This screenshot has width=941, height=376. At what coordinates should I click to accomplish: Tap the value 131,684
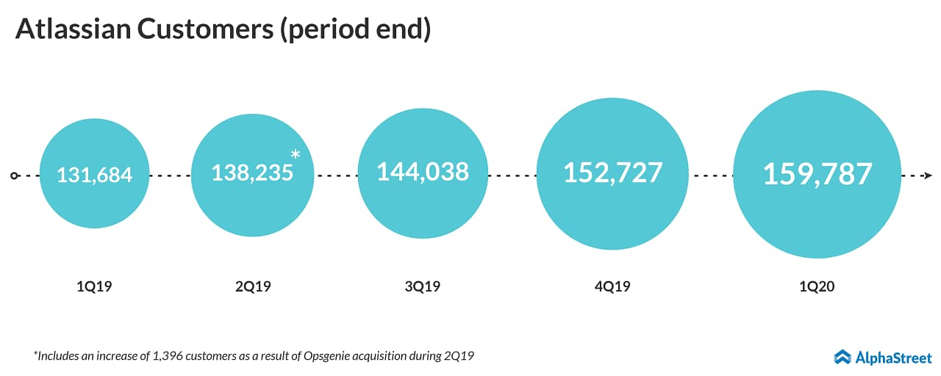[95, 176]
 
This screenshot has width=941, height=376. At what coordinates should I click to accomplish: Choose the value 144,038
[423, 172]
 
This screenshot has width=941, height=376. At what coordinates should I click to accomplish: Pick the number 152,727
[612, 173]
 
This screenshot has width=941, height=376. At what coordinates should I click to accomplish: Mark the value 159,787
[817, 175]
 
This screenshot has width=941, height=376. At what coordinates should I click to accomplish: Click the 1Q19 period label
[94, 286]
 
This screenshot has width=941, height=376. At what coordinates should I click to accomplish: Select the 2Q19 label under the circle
[253, 286]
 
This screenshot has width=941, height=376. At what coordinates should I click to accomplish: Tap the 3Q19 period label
[423, 286]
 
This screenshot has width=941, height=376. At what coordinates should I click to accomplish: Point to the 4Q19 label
[612, 286]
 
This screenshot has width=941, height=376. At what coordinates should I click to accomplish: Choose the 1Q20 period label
[817, 286]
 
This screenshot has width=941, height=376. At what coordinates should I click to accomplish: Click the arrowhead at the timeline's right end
[928, 176]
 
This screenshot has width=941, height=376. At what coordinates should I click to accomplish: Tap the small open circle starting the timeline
[14, 176]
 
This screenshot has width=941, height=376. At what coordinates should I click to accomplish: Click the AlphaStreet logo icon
[842, 357]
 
